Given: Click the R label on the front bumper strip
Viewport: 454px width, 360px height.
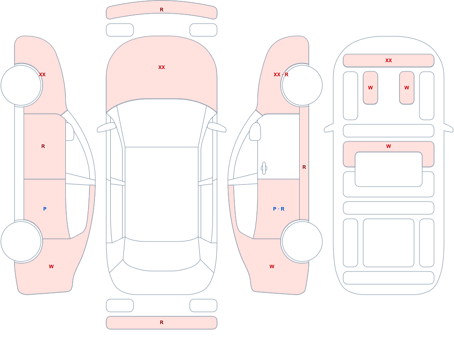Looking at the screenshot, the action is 162,10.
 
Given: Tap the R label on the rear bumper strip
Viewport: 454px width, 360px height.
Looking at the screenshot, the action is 162,322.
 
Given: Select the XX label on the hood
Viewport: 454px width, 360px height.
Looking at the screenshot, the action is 162,67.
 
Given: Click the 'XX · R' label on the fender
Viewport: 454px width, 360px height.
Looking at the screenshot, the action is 281,74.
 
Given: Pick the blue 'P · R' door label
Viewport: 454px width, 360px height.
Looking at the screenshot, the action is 279,209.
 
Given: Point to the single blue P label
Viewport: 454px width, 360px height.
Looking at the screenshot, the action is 44,209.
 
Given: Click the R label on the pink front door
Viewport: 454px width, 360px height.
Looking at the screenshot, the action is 43,146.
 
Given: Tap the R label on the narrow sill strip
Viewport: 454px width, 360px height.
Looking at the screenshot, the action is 304,167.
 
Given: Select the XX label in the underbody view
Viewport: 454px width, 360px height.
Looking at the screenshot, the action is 389,60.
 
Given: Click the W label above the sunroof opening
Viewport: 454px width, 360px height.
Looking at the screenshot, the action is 389,146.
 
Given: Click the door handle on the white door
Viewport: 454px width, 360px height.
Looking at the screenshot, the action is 264,168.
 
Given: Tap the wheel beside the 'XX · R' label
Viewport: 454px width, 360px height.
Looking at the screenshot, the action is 302,85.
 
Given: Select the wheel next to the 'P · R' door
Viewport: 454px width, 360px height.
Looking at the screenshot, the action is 302,241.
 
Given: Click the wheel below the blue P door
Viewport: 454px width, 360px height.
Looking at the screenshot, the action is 21,241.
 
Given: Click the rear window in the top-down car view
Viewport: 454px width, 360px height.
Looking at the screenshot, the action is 162,256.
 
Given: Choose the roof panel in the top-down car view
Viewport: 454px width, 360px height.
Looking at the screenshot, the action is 162,193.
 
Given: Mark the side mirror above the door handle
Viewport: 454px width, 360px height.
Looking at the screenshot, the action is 255,132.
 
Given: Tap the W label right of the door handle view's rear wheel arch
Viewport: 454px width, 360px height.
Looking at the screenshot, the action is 272,266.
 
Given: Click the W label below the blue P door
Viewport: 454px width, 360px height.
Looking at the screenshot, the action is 51,266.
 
